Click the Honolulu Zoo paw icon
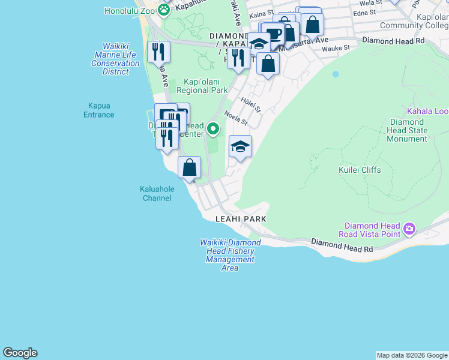click(x=163, y=10)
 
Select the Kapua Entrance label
click(x=98, y=110)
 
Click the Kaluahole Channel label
click(x=157, y=193)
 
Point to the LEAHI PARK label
click(x=241, y=220)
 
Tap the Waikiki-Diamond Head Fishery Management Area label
click(x=230, y=255)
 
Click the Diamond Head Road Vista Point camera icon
click(x=409, y=228)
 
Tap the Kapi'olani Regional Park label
click(x=197, y=86)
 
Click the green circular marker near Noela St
click(x=212, y=128)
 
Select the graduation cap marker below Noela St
click(x=240, y=147)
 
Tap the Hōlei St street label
click(x=250, y=105)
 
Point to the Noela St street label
click(x=235, y=118)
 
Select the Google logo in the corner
click(x=20, y=353)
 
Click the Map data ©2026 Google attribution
click(x=411, y=355)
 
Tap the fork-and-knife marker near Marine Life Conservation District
click(x=158, y=52)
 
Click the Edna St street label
click(x=364, y=11)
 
